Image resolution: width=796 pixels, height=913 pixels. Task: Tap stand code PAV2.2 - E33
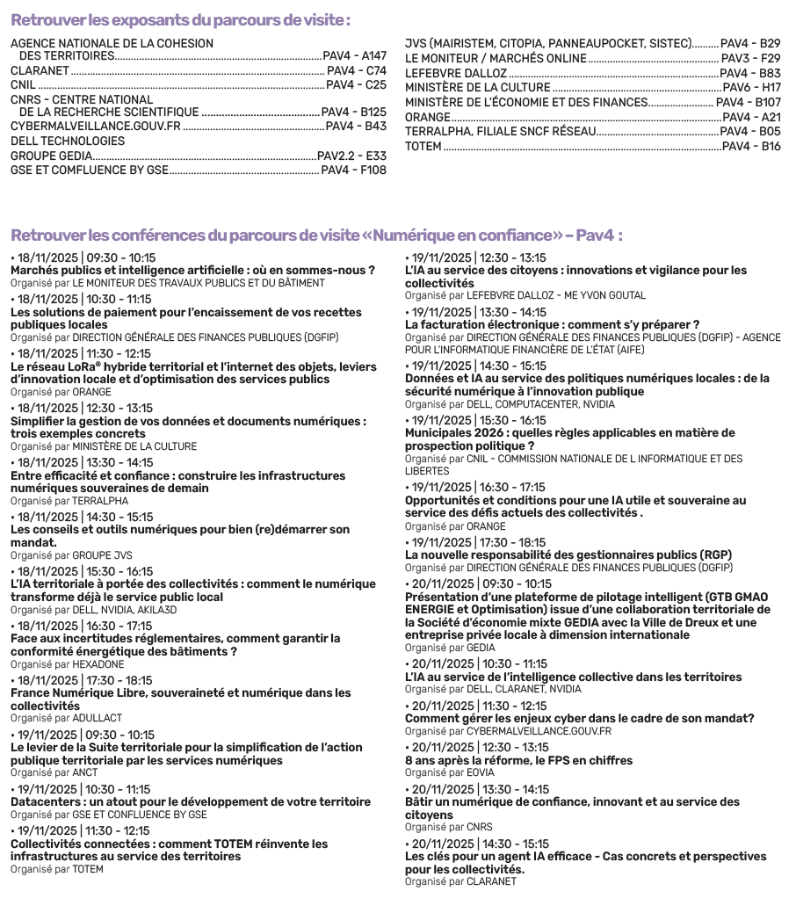(x=351, y=156)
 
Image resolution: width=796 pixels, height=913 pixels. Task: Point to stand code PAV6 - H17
(x=752, y=89)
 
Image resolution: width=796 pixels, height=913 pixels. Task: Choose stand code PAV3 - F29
(x=750, y=59)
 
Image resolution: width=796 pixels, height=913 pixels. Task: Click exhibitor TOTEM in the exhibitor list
(x=423, y=146)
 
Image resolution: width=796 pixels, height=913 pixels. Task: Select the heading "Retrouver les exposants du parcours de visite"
(x=180, y=19)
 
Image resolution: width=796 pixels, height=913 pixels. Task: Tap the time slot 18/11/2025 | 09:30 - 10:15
(x=83, y=258)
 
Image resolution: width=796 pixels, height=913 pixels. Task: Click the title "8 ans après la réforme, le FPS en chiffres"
(x=518, y=761)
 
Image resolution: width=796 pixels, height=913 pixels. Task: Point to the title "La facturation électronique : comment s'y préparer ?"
(x=552, y=324)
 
